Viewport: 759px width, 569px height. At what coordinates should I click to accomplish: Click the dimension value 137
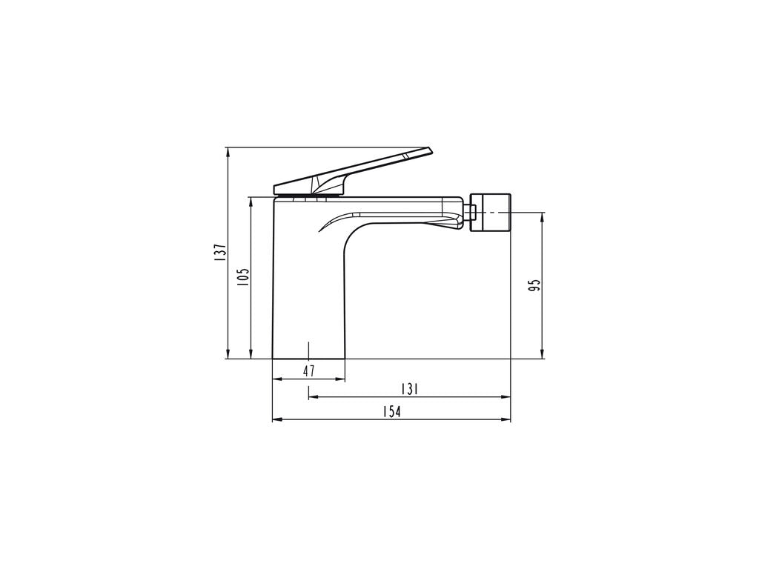[x=219, y=252]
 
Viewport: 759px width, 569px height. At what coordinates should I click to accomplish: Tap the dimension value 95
[x=534, y=285]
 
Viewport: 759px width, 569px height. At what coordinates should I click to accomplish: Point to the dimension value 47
[x=309, y=371]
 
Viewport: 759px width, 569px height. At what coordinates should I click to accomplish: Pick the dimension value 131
[x=409, y=389]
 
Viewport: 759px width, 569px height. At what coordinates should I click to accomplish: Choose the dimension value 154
[x=391, y=412]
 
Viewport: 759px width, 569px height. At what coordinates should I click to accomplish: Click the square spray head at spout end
[x=491, y=213]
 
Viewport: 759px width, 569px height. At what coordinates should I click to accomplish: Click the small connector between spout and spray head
[x=469, y=213]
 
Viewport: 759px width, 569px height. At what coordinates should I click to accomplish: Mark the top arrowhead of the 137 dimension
[x=228, y=152]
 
